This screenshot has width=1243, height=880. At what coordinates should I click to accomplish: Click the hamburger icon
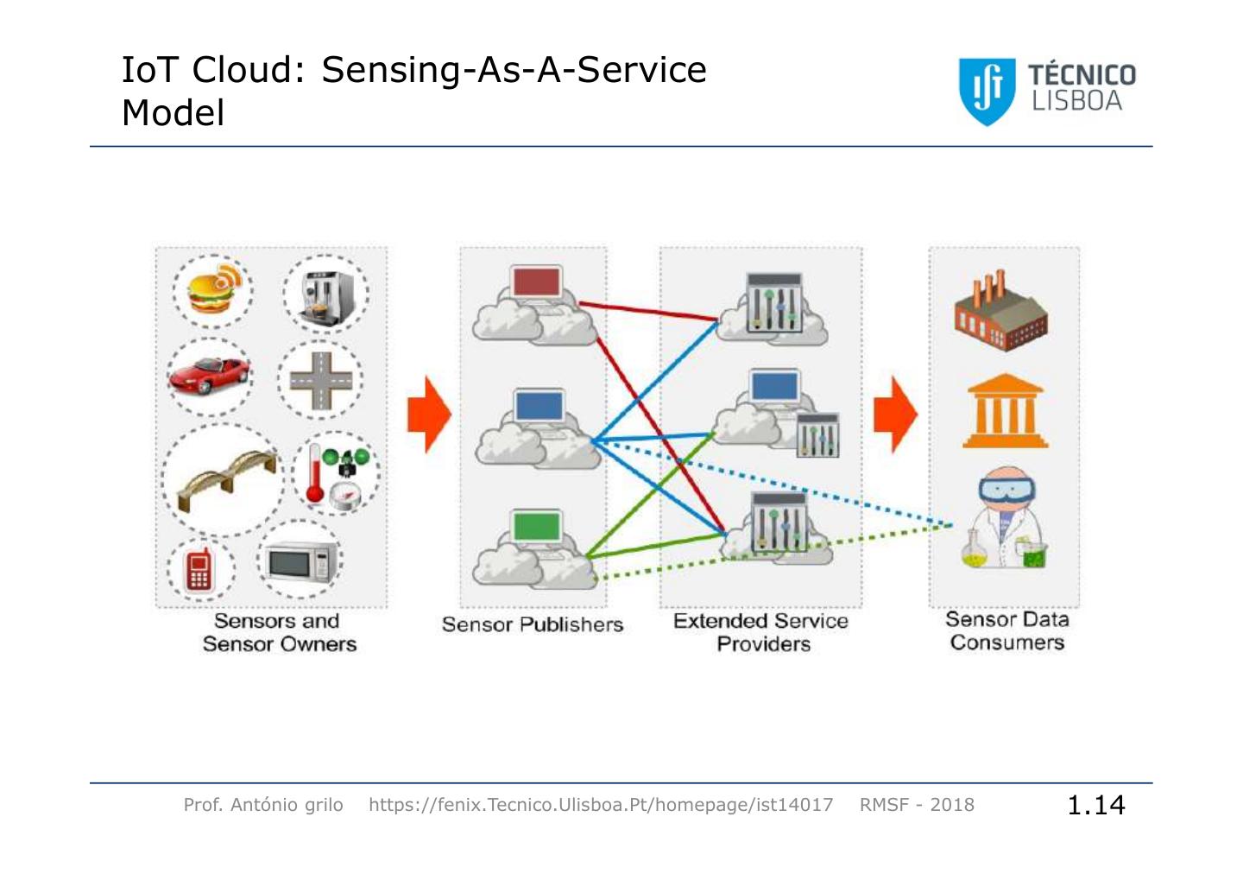coord(215,290)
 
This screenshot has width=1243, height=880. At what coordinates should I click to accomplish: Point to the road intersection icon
coord(321,381)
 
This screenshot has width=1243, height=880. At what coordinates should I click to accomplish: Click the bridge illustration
coord(226,478)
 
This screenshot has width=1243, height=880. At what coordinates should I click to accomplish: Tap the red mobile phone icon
coord(199,570)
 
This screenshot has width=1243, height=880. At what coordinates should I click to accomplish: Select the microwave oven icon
coord(300,561)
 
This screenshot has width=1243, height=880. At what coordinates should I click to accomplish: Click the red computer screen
coord(536,282)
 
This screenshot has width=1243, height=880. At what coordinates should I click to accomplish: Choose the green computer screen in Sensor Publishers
coord(536,526)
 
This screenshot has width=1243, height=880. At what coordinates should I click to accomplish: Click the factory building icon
coord(1000,311)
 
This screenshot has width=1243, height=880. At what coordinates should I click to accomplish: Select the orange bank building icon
coord(1005,410)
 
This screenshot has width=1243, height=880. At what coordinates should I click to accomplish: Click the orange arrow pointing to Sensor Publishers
coord(429,415)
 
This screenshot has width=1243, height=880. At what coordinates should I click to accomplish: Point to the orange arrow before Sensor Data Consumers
coord(895,415)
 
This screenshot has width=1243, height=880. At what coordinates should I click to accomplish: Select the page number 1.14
coord(1096,805)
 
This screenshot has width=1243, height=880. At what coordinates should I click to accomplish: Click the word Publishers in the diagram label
coord(573,624)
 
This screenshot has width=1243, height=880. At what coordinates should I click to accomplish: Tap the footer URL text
coord(601,805)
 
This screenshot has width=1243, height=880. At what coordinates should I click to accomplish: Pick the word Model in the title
coord(174,113)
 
